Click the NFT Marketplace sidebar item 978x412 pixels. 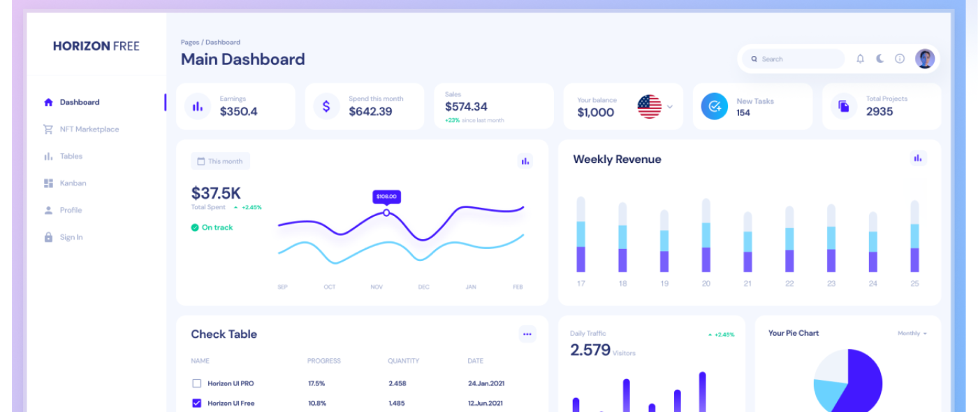(89, 129)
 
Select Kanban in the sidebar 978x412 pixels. (73, 183)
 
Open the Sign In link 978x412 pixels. (71, 237)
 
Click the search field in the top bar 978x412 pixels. (793, 59)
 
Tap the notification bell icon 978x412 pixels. (860, 59)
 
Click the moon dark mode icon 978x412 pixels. (880, 59)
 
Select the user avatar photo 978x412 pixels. (925, 59)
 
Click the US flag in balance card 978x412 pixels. (649, 106)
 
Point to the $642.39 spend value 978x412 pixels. (370, 111)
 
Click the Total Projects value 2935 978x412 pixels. (880, 111)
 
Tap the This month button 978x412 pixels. (220, 161)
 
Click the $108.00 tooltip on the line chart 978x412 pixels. (386, 197)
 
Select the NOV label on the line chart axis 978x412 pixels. (377, 287)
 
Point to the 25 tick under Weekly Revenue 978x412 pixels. (914, 283)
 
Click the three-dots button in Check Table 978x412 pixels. (527, 334)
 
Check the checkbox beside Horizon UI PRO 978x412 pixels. (196, 383)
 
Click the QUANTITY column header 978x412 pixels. (403, 361)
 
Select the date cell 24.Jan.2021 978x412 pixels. (486, 383)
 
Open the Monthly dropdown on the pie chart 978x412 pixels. (912, 334)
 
